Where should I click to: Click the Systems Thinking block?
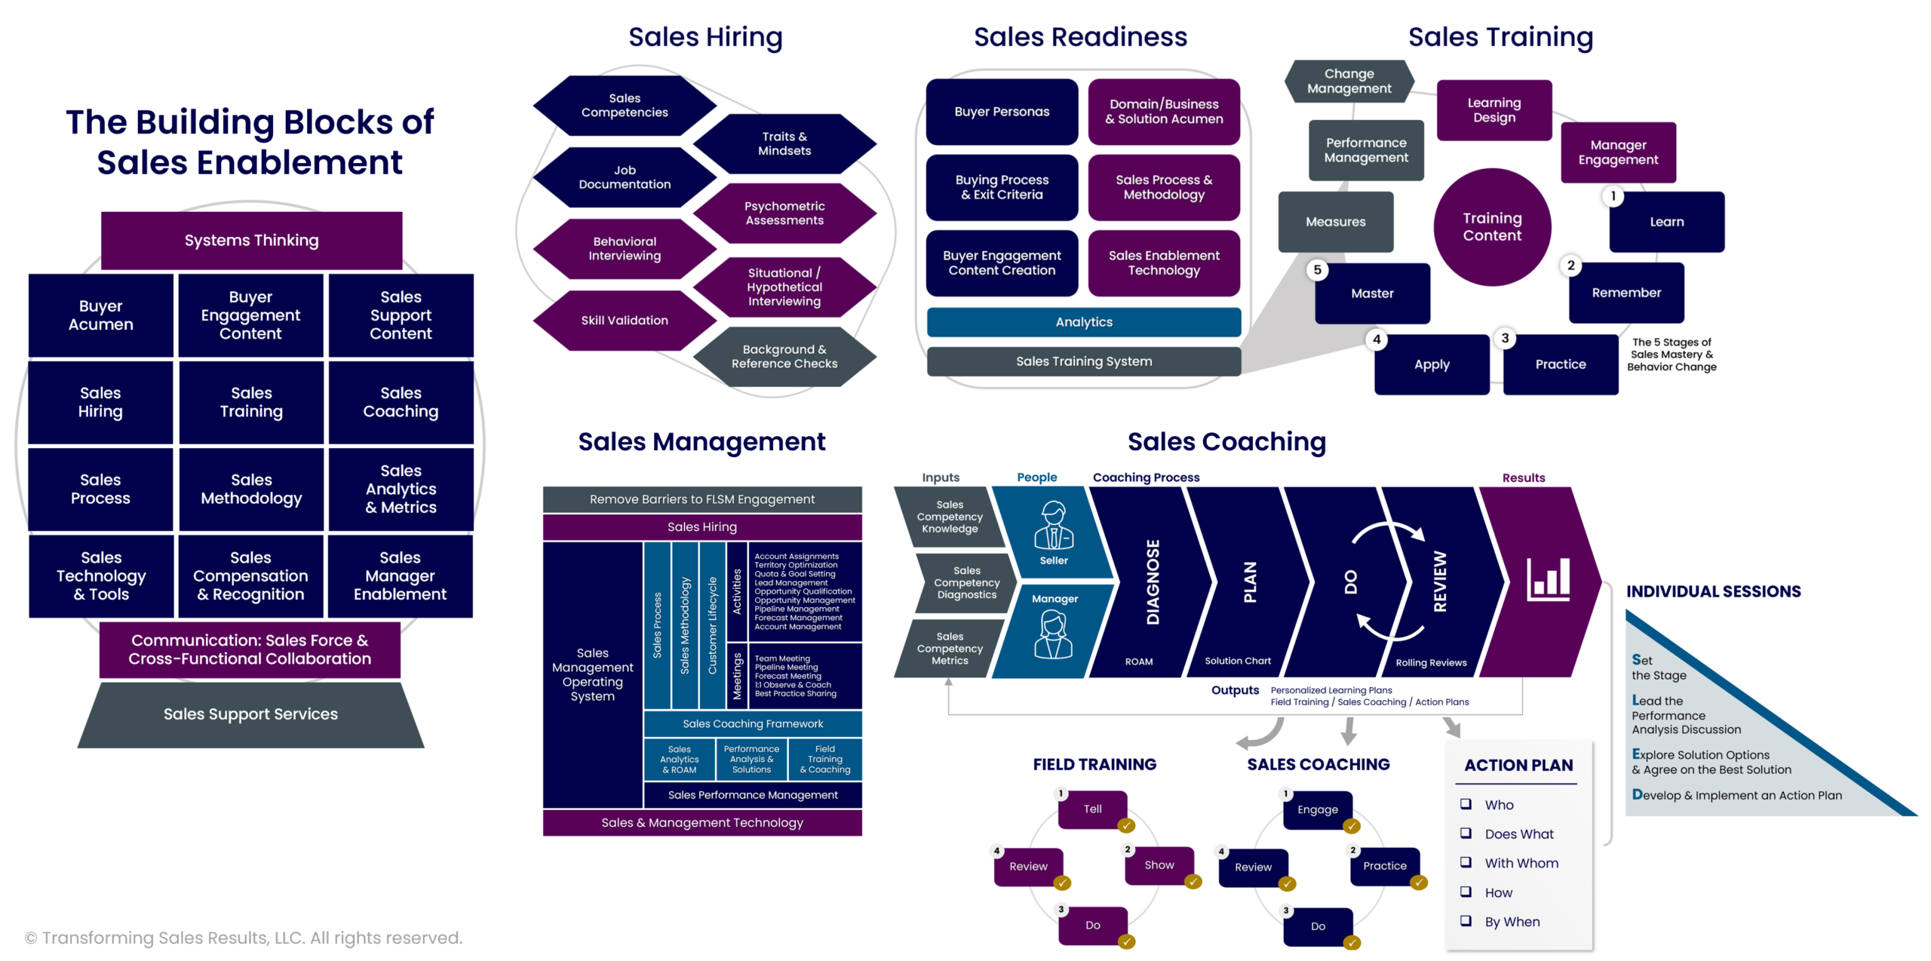click(x=251, y=240)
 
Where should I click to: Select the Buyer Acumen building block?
click(x=100, y=315)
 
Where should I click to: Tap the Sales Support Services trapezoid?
click(x=250, y=714)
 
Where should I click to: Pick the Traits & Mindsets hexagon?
click(x=784, y=143)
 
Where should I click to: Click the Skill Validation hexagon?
click(x=625, y=321)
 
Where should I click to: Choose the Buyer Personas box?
click(x=1002, y=112)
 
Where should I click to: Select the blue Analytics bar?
click(x=1084, y=322)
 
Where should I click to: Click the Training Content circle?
click(x=1492, y=227)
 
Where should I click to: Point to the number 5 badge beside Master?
click(x=1317, y=270)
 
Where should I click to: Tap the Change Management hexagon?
click(x=1349, y=81)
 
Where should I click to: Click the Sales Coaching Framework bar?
click(x=753, y=723)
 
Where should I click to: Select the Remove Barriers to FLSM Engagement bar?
click(x=701, y=499)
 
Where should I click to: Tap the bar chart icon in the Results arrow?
click(x=1548, y=579)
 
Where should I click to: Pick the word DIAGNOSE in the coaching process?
click(x=1153, y=582)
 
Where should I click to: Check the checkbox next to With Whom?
click(x=1466, y=862)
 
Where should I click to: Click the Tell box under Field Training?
click(x=1092, y=809)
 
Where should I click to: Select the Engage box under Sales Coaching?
click(x=1317, y=810)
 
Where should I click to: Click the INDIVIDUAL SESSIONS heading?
click(x=1713, y=591)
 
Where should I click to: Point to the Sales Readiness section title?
click(x=1080, y=37)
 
